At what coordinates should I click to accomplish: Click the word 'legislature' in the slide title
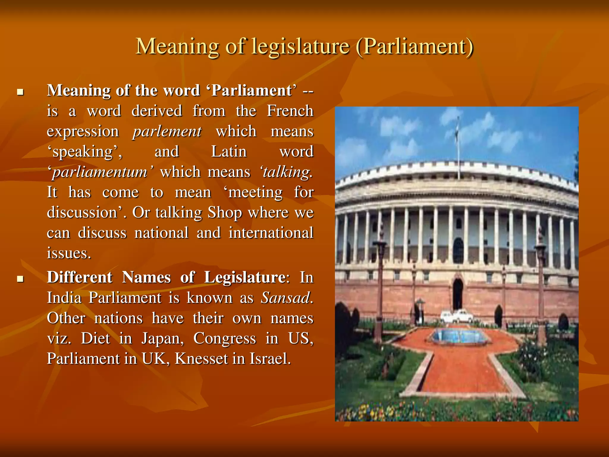coord(300,47)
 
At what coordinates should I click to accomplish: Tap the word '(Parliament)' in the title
coord(414,47)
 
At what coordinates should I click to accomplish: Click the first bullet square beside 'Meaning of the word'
coord(20,92)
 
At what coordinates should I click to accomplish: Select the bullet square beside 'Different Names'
coord(20,279)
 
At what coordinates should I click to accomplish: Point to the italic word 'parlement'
coord(167,132)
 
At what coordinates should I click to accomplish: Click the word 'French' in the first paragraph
coord(290,111)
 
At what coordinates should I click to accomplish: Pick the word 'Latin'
coord(229,152)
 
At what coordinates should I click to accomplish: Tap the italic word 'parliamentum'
coord(100,172)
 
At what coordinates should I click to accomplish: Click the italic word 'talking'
coord(286,172)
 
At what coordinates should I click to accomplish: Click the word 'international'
coord(271,233)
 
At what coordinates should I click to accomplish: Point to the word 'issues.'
coord(69,253)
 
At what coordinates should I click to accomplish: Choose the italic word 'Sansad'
coord(286,298)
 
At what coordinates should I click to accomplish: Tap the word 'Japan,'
coord(163,339)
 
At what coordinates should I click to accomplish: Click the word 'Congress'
coord(225,339)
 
